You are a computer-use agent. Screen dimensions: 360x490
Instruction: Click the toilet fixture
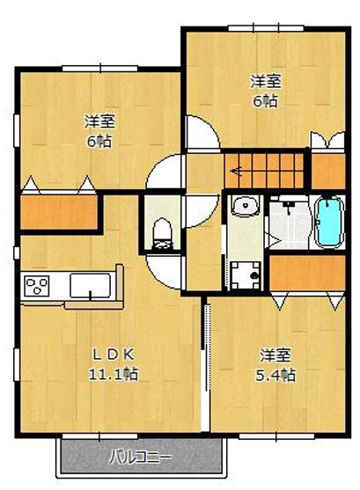coord(162,234)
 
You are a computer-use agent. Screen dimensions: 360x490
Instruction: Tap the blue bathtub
coord(328,223)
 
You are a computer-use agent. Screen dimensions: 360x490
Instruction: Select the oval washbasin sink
coord(246,206)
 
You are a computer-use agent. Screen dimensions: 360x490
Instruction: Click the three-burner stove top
coord(37,285)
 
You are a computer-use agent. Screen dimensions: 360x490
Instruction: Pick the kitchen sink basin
coord(90,285)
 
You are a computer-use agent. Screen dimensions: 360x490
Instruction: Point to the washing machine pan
coord(246,275)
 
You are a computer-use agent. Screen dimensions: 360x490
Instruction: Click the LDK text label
coord(114,355)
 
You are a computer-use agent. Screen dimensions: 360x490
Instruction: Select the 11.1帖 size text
coord(114,374)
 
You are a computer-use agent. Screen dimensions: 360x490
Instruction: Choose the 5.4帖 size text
coord(276,375)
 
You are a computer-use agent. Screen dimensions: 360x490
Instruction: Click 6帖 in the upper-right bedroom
coord(265,101)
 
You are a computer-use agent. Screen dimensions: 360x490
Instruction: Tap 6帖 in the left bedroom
coord(99,142)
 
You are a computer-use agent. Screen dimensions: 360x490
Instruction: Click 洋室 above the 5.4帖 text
coord(276,355)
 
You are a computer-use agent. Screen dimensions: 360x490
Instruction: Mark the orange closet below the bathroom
coord(307,273)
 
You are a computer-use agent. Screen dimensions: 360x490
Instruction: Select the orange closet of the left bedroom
coord(59,212)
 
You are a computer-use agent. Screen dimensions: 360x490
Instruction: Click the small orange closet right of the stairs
coord(328,172)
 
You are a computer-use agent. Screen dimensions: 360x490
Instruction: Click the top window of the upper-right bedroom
coord(266,28)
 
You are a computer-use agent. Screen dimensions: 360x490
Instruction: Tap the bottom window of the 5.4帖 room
coord(276,436)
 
